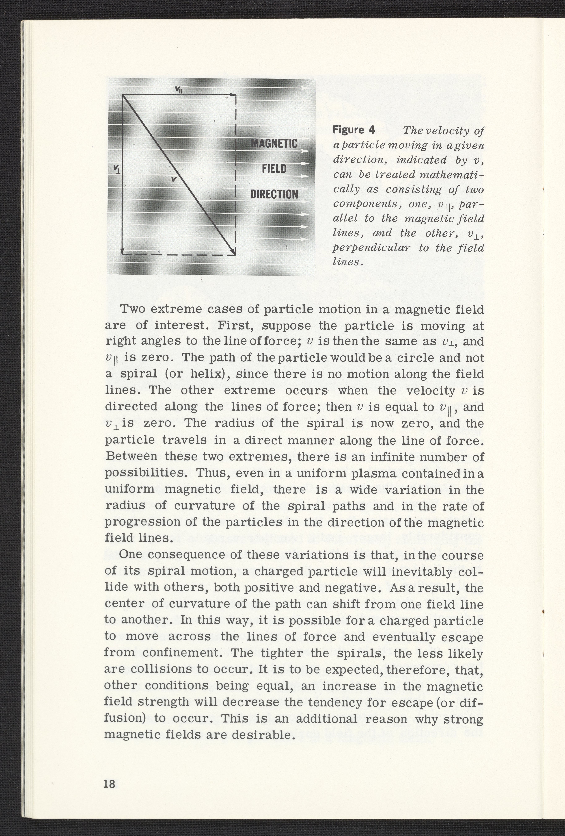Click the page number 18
coord(109,781)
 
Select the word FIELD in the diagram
coord(274,169)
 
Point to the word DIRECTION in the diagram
coord(274,194)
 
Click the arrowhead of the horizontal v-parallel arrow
coord(234,95)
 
